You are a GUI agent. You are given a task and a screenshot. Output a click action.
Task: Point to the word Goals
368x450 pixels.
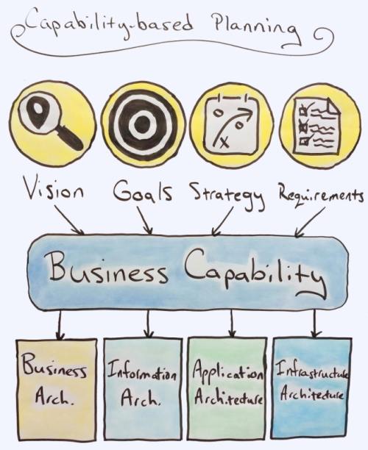(x=143, y=190)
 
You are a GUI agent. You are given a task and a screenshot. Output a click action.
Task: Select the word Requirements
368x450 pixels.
(x=321, y=196)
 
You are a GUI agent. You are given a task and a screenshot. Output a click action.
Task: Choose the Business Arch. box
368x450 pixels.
(x=57, y=390)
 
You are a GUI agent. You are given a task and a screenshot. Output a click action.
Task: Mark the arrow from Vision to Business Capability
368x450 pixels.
(x=69, y=220)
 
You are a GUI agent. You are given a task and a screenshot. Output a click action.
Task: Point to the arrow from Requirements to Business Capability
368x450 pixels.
(x=310, y=222)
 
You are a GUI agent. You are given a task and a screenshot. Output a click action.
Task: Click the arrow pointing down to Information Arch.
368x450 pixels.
(x=148, y=324)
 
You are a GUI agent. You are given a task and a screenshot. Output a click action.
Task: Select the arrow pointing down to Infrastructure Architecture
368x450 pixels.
(x=315, y=324)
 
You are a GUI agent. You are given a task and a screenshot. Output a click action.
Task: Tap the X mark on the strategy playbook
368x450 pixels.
(x=224, y=143)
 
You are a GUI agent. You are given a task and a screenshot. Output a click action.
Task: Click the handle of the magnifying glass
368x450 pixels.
(x=70, y=137)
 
